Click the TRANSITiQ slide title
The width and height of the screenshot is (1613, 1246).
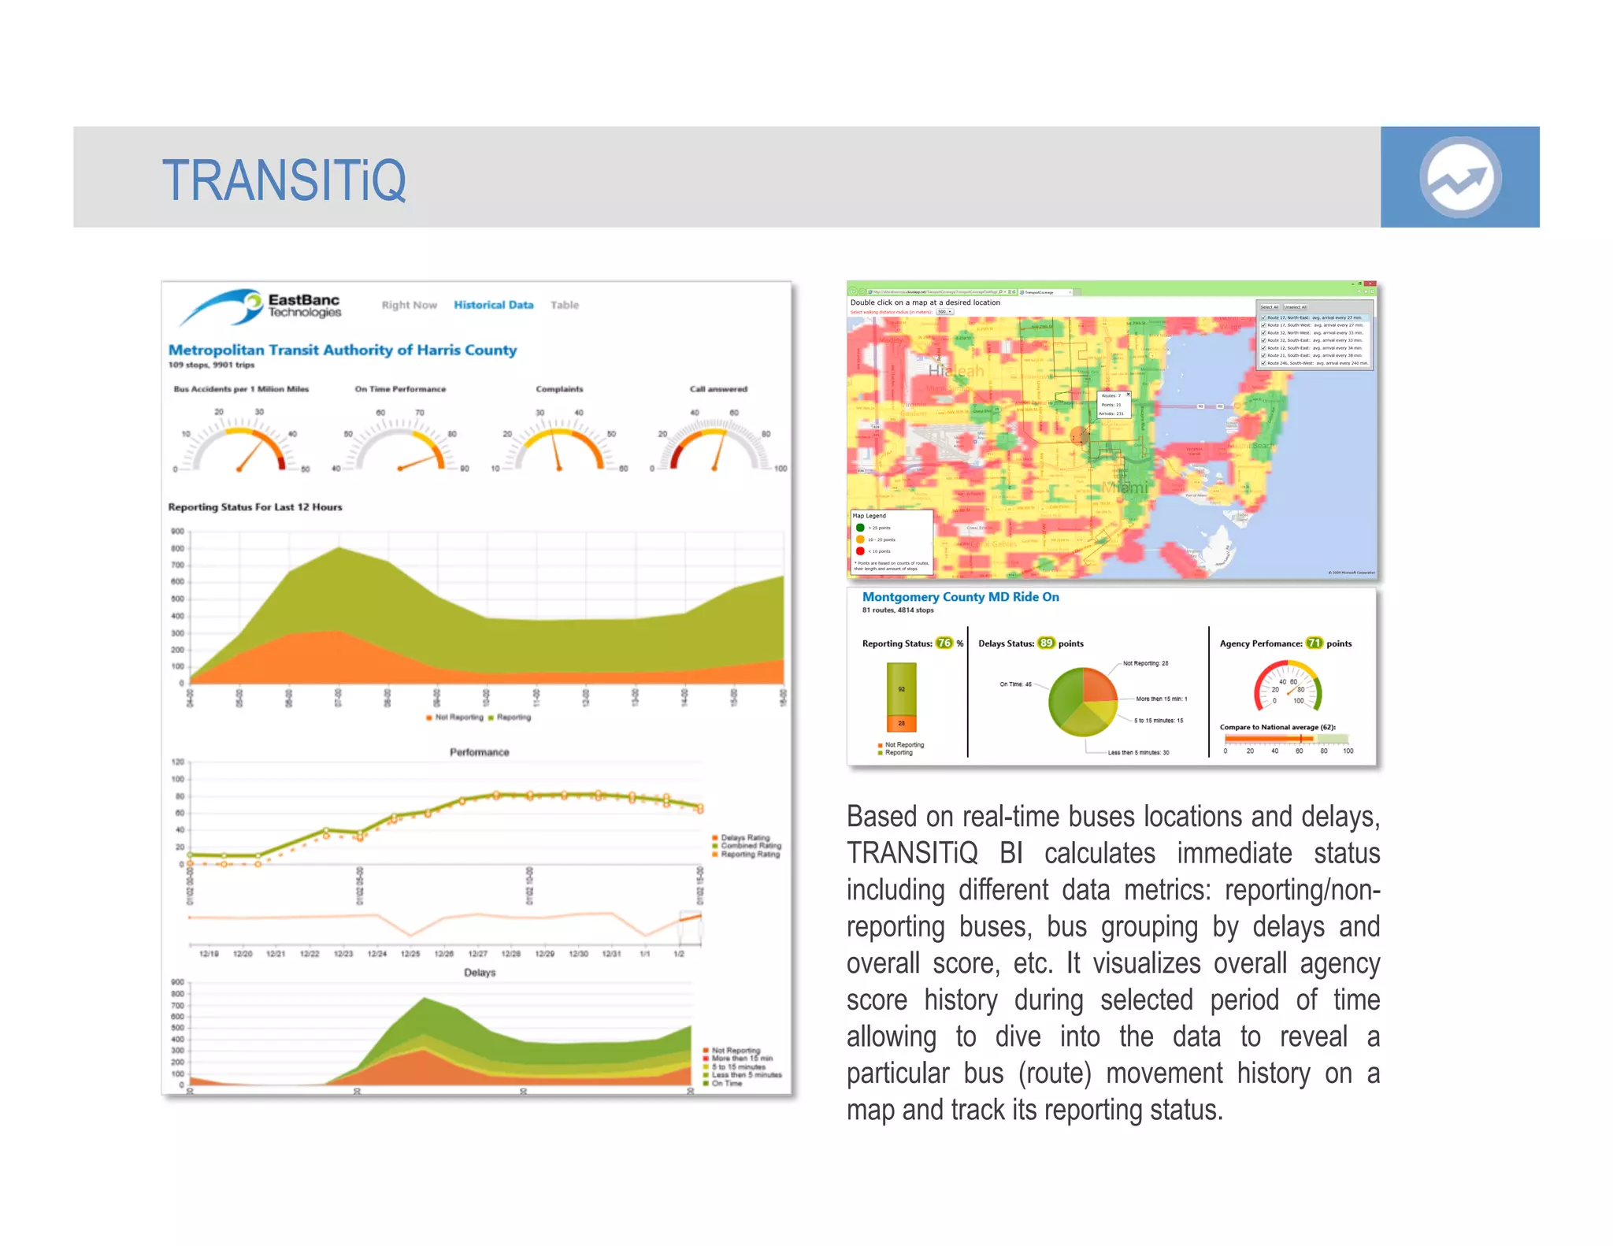click(284, 180)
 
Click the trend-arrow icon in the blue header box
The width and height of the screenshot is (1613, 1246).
click(1459, 177)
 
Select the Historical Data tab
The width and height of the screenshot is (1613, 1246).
click(493, 305)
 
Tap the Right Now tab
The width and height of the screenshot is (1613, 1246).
click(409, 305)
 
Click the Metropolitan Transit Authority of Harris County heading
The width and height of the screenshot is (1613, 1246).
click(343, 350)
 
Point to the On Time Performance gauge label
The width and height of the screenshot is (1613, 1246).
click(400, 389)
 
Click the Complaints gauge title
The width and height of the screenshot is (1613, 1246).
click(559, 389)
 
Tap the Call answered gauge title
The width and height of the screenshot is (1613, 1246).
click(718, 389)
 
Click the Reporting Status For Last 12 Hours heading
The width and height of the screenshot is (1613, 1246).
click(255, 507)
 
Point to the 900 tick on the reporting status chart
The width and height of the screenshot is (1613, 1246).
click(178, 532)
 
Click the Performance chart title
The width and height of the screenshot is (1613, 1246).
click(479, 752)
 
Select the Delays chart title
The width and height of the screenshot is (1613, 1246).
click(480, 973)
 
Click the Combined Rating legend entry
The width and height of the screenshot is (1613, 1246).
click(750, 846)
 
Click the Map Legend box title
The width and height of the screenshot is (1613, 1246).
click(869, 516)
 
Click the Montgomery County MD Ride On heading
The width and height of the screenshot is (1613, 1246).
click(960, 597)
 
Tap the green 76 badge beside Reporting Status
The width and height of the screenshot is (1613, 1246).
click(944, 643)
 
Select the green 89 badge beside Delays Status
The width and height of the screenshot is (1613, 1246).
click(1045, 643)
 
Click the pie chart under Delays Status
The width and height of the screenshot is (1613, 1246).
click(1083, 702)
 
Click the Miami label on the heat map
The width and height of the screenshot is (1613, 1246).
click(1125, 488)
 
